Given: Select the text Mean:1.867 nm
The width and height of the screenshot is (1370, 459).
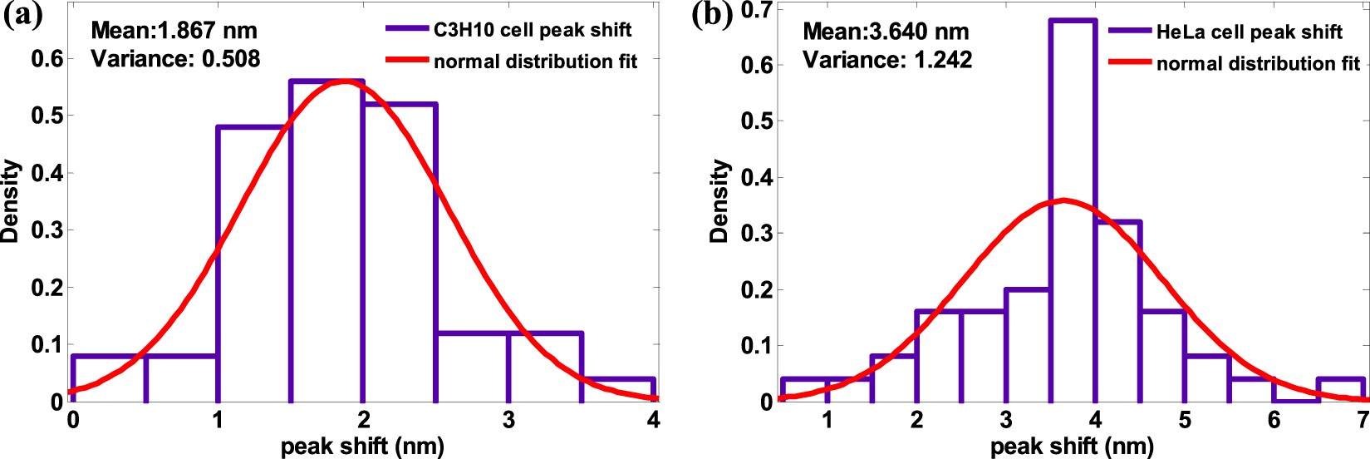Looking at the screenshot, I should pos(174,31).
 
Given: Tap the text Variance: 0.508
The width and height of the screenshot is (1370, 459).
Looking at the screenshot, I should pos(175,59).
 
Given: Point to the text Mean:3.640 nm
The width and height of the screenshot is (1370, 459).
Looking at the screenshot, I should pos(886,32).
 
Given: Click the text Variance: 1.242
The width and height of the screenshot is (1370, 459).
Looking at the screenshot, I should pos(887,60).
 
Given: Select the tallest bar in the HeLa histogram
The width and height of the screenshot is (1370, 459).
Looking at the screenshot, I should pos(1073,208).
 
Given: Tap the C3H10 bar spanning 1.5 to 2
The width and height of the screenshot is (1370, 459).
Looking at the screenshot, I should pos(327,241).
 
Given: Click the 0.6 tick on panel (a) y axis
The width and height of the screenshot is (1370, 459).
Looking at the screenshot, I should pos(47,59).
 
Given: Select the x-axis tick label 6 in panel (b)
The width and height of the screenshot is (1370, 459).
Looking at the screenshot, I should pos(1274,421).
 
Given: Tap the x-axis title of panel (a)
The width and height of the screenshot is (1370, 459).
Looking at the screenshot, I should pos(362,447).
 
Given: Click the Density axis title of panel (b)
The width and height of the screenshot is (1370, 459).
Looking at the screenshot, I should pos(719,201).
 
